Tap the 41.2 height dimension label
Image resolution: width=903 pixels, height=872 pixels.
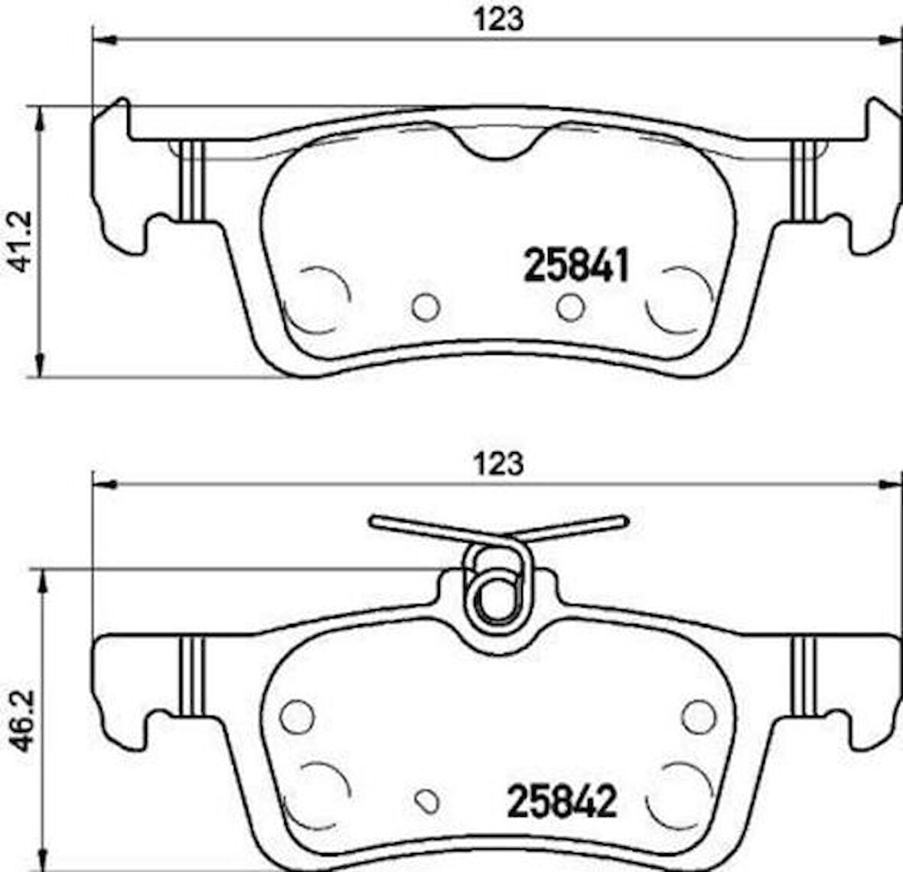(21, 241)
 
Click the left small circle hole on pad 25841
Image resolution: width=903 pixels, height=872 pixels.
(425, 307)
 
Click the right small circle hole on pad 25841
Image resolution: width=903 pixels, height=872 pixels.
(570, 307)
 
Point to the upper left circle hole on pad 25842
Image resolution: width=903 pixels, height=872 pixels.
(297, 715)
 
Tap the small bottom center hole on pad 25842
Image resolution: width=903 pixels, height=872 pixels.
(425, 799)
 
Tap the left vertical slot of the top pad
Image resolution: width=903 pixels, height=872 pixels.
(191, 181)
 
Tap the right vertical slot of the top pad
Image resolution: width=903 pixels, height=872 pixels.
(804, 181)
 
